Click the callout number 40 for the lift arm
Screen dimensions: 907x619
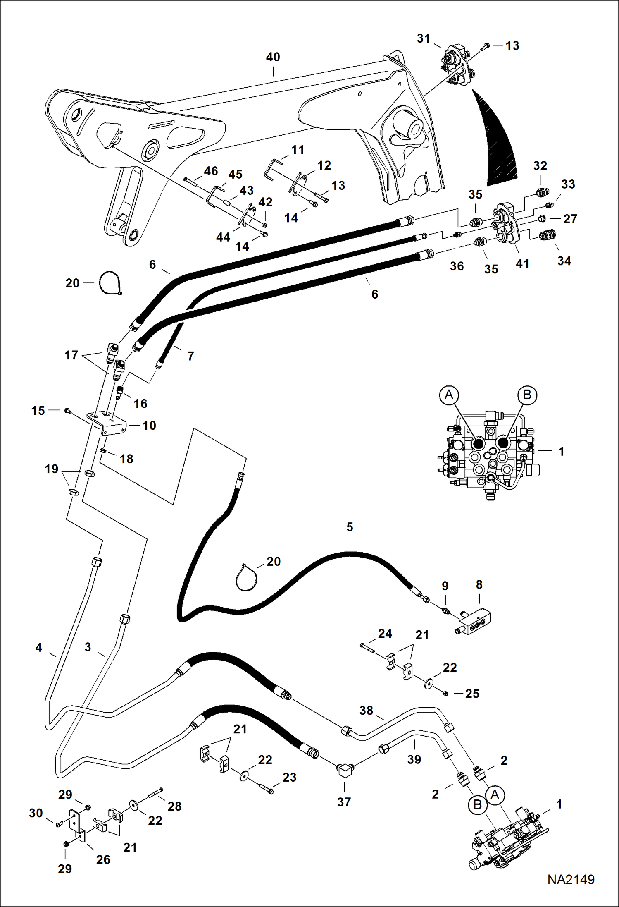[x=273, y=57]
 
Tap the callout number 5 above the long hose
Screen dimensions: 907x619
[x=350, y=527]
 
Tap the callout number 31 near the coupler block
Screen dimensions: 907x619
[x=424, y=38]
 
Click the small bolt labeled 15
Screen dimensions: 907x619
[x=67, y=411]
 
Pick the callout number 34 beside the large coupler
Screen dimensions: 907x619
[x=564, y=261]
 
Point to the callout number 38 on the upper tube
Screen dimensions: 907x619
[x=366, y=711]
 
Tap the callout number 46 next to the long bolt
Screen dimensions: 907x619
[x=211, y=171]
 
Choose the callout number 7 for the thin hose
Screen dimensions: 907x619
[x=190, y=356]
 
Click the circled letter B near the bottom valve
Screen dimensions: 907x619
[x=477, y=804]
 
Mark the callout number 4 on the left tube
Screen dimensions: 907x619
[x=38, y=647]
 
